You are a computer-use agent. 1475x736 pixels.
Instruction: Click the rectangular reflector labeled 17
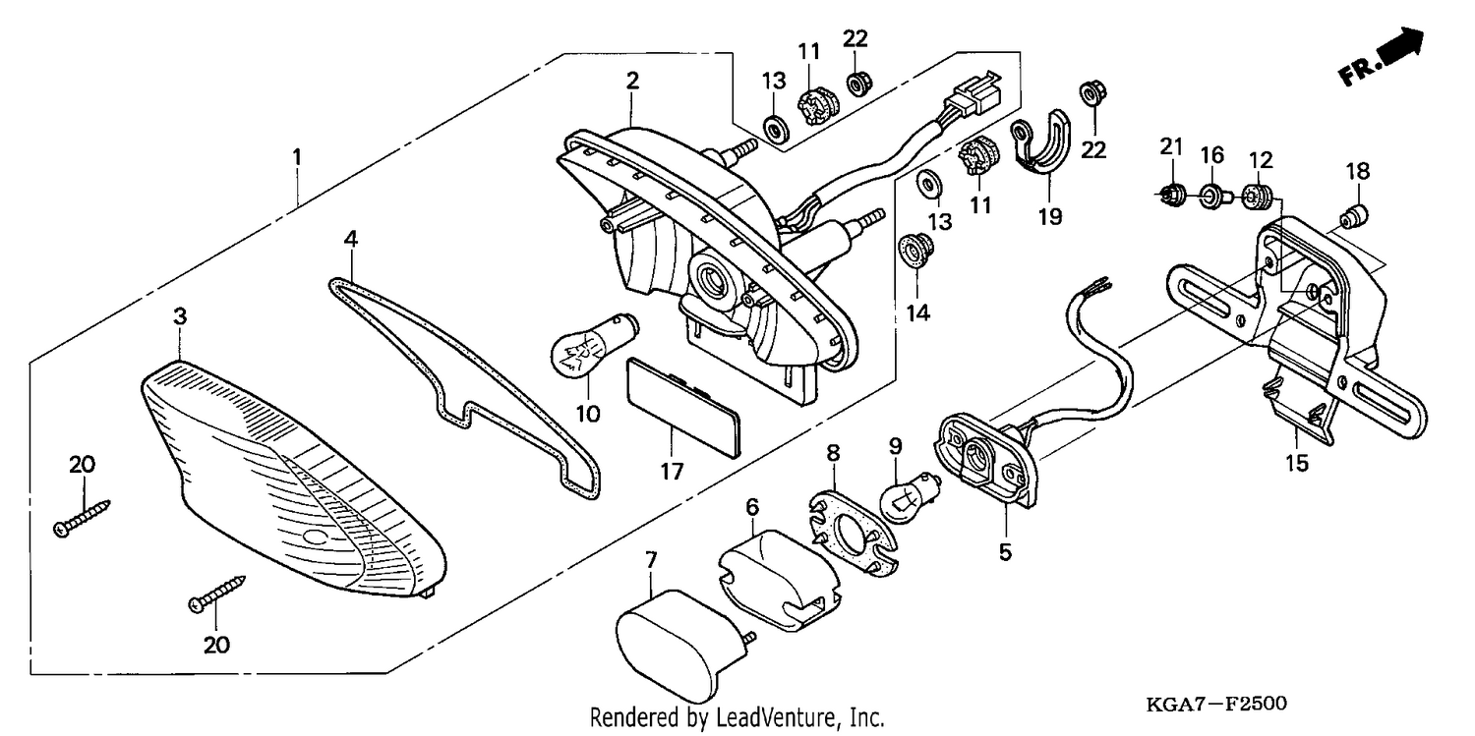(682, 407)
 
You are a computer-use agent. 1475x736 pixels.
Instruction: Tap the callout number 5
(1005, 552)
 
